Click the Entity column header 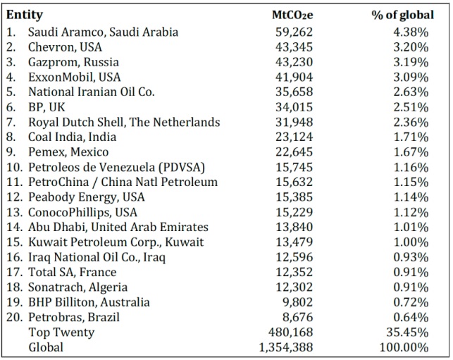(x=25, y=15)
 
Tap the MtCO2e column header (x=292, y=15)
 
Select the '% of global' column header (x=403, y=15)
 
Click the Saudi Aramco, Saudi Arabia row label (x=103, y=32)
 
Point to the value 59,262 (x=294, y=32)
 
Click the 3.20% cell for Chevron (x=411, y=47)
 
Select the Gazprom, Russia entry (x=73, y=63)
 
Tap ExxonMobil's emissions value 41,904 (x=294, y=77)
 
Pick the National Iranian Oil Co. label (x=92, y=92)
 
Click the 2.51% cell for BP (x=411, y=107)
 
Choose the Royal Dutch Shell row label (x=124, y=122)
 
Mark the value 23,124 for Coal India (x=294, y=137)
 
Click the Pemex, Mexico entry (x=68, y=152)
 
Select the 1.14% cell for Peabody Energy (x=411, y=197)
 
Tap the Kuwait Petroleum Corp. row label (x=116, y=242)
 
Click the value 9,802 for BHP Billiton (x=298, y=302)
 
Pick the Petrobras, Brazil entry (x=74, y=317)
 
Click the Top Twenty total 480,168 (x=291, y=333)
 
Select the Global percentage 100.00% (x=404, y=347)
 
